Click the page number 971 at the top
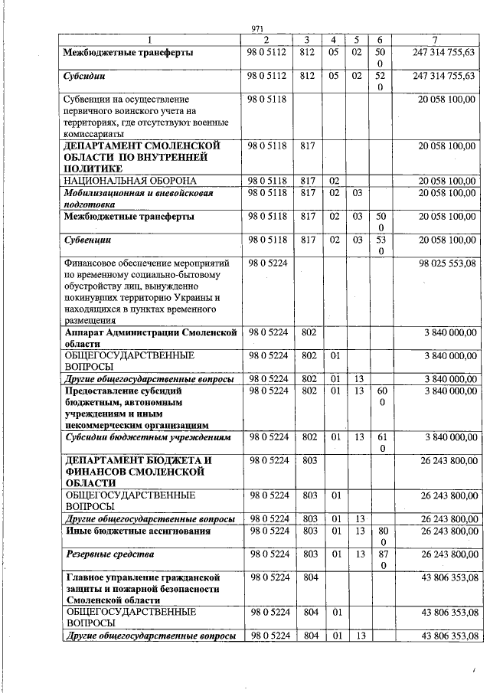pos(257,29)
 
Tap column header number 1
pos(150,40)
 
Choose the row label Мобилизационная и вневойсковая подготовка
pos(138,199)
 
